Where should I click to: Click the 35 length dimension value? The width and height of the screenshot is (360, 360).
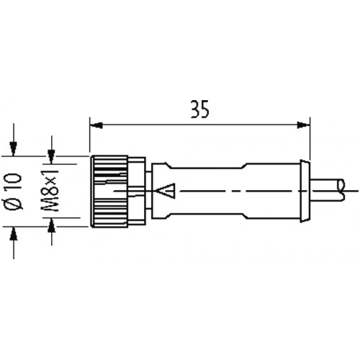199,109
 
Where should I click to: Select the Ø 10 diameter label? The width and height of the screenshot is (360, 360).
14,192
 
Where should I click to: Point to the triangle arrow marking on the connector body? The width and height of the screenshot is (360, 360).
166,191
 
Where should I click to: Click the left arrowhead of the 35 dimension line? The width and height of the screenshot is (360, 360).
96,125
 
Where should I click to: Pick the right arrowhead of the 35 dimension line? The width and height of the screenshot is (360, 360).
303,125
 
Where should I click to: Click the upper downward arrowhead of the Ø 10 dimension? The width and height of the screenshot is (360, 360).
14,149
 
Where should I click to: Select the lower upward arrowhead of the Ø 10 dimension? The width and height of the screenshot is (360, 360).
14,233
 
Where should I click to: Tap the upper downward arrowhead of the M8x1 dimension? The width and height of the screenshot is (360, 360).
51,156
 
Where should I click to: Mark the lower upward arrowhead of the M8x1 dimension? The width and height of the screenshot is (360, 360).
51,225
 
